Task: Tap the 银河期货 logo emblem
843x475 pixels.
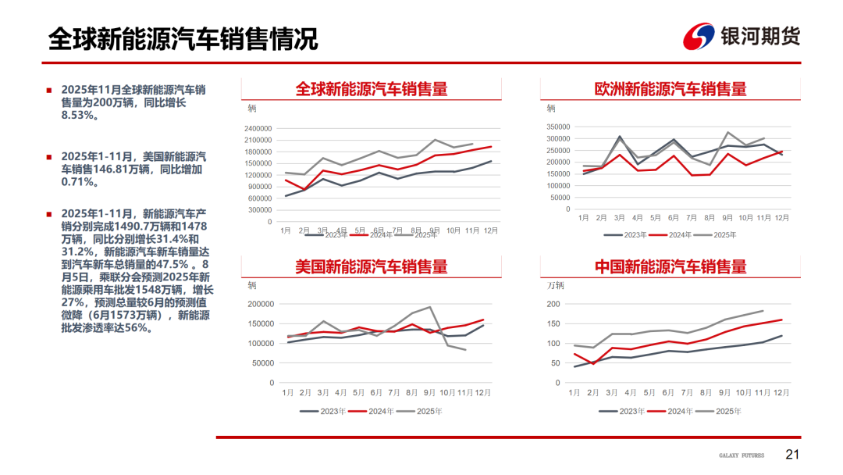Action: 699,37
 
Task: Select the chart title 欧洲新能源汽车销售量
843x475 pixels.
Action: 670,89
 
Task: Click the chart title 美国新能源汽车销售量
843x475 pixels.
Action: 371,266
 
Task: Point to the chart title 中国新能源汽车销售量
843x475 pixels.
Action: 670,266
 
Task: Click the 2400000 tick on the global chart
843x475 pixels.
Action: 257,129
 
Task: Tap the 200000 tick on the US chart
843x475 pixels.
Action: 259,305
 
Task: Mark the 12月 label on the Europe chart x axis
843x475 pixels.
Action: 782,218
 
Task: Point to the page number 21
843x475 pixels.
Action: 792,455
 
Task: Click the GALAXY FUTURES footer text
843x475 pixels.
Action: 742,455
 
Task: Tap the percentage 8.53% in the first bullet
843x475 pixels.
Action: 80,115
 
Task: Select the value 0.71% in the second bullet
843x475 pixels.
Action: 80,181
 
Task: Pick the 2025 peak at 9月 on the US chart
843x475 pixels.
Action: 429,307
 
